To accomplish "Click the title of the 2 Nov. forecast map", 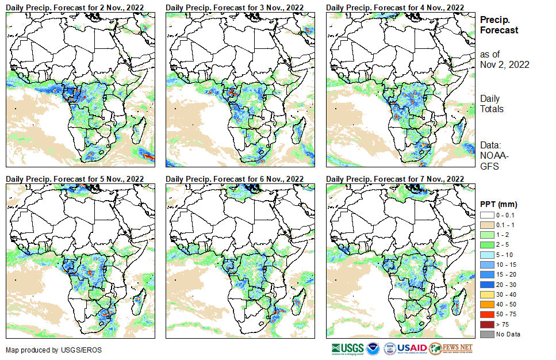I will (75, 7).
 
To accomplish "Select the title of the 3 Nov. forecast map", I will (235, 7).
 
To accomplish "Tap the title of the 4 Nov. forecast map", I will (394, 7).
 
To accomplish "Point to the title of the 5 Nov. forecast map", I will (75, 179).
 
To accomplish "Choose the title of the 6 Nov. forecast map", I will (235, 179).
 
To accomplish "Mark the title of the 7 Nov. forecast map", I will (394, 179).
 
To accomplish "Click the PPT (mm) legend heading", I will (499, 205).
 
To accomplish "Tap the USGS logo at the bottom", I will (347, 348).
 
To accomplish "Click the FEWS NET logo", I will (451, 348).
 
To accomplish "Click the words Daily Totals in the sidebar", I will (492, 104).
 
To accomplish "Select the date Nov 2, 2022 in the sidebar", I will (504, 64).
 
